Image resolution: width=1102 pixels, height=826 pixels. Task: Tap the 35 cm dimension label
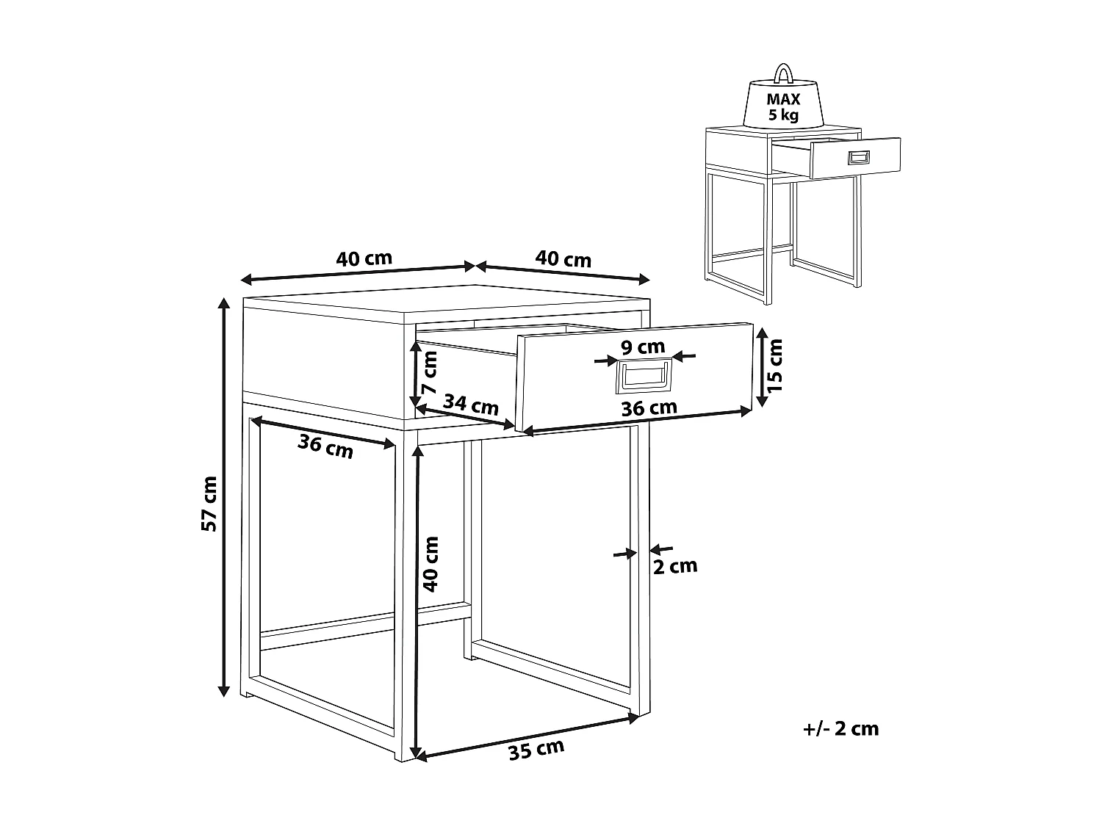(x=536, y=750)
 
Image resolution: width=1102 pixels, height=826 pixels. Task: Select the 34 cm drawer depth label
(x=471, y=405)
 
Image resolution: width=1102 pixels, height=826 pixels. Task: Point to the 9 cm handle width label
(x=642, y=347)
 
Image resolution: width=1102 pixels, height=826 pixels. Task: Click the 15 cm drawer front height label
(x=776, y=364)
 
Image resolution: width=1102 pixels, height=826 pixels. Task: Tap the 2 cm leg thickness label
(x=674, y=566)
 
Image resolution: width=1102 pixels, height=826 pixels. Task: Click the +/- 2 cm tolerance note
(x=841, y=728)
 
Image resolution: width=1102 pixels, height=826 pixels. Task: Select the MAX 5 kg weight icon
(x=784, y=103)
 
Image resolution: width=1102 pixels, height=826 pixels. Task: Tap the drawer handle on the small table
(x=858, y=157)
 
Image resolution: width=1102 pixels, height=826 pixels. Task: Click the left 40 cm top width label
(x=364, y=258)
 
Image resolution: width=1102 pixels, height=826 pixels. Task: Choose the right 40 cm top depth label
(x=563, y=259)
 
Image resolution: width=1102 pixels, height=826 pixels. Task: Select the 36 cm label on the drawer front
(x=649, y=408)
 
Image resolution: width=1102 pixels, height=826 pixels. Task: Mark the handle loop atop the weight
(x=783, y=73)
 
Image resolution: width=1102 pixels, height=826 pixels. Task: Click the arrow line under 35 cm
(x=526, y=736)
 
